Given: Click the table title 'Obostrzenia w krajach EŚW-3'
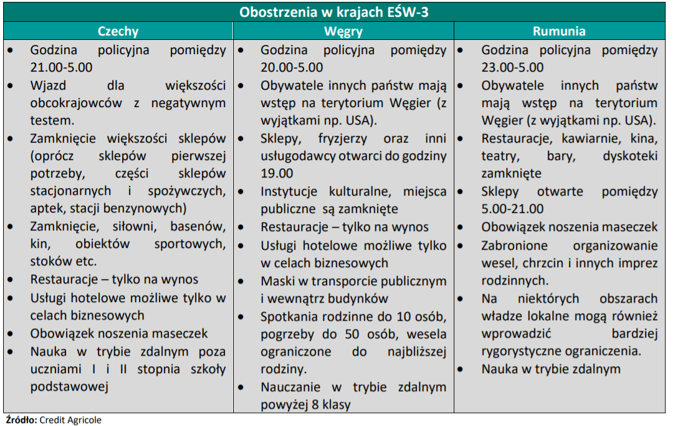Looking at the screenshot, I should (334, 12).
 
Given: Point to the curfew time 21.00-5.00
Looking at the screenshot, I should (61, 67).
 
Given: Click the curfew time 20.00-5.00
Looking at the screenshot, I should (292, 67).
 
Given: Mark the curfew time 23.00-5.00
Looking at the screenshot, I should (512, 67).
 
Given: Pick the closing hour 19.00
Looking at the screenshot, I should (277, 173).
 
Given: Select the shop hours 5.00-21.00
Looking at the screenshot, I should (512, 209).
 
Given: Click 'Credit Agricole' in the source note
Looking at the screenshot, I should (70, 420).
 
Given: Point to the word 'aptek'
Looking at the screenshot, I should (45, 208).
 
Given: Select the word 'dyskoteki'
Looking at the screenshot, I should (630, 156).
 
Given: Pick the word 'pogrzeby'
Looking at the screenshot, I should (287, 334).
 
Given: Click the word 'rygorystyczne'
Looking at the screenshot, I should (522, 351).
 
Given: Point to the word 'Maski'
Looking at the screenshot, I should (277, 280).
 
